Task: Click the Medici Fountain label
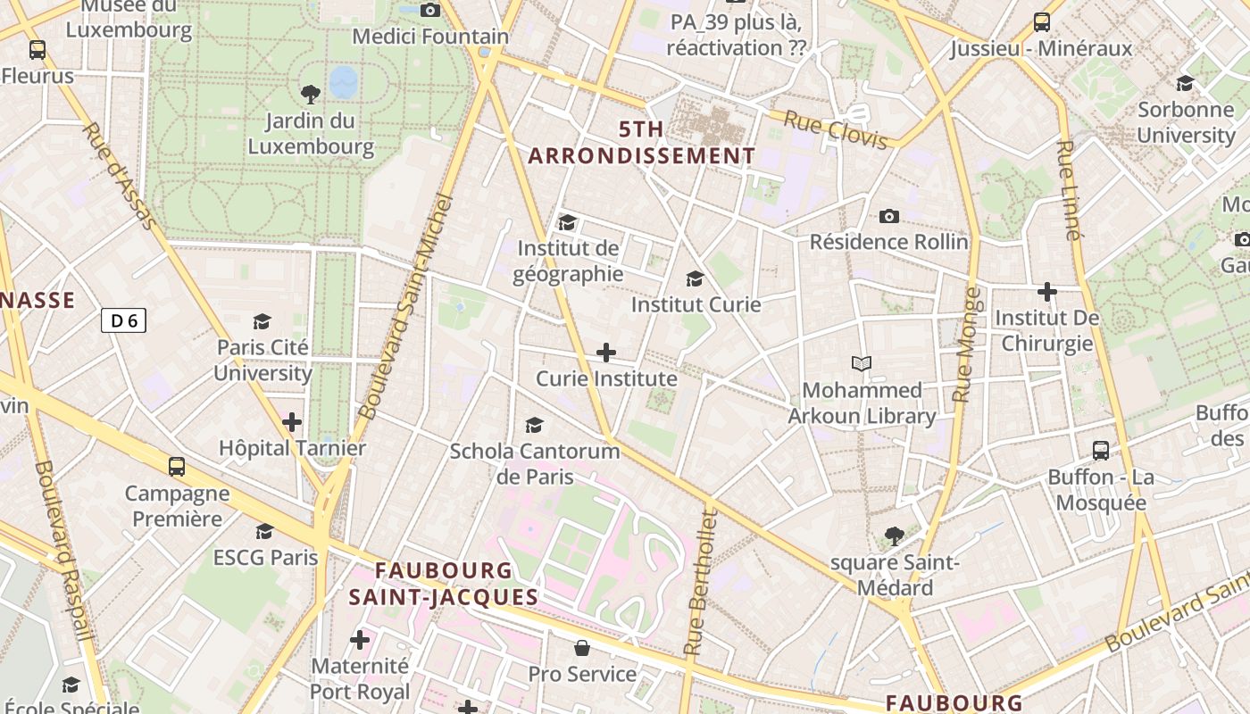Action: click(430, 37)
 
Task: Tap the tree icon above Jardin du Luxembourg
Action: click(311, 94)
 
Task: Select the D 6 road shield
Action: click(123, 320)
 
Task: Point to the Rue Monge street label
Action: click(966, 345)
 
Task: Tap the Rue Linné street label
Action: click(1068, 190)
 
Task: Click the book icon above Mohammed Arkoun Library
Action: click(862, 364)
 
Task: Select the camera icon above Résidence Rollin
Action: click(888, 216)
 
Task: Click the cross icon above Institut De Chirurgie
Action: click(1047, 292)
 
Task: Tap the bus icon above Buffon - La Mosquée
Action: click(1101, 451)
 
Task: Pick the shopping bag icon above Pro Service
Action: click(582, 648)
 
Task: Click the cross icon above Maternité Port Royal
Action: click(360, 640)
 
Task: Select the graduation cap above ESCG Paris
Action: click(264, 532)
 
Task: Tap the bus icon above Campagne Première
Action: click(177, 466)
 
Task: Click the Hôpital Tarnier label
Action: click(293, 448)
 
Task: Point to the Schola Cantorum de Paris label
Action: click(535, 463)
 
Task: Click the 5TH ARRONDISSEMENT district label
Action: click(641, 143)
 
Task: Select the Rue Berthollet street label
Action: click(700, 582)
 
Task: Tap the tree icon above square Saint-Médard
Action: click(894, 536)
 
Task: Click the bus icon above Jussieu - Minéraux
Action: click(1041, 22)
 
